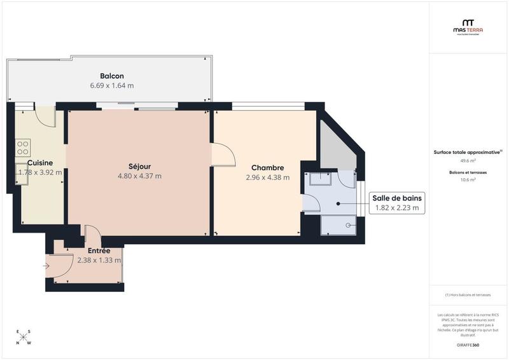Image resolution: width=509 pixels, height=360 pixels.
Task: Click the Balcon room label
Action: click(x=112, y=76)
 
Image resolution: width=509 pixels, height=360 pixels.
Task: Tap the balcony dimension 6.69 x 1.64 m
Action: click(x=112, y=85)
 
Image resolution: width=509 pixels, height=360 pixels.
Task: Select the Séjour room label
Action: click(x=139, y=167)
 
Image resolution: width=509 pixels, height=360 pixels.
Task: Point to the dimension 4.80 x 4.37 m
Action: click(x=139, y=176)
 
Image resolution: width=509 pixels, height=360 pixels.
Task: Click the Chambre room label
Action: click(x=267, y=168)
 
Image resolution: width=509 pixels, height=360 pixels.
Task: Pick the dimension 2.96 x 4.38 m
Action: click(x=267, y=177)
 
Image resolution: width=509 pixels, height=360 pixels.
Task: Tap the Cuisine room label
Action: click(x=39, y=163)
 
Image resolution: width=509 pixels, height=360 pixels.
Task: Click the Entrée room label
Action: click(x=99, y=251)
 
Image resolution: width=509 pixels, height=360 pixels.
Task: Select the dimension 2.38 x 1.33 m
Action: click(x=99, y=260)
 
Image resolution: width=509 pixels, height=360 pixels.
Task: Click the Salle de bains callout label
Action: click(x=397, y=198)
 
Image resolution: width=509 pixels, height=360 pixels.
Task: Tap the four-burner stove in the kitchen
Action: click(x=23, y=148)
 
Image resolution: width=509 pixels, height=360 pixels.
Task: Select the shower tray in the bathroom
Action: click(x=338, y=225)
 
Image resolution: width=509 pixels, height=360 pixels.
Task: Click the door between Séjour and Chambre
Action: click(x=223, y=155)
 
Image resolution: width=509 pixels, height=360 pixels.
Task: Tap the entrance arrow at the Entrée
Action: click(x=47, y=266)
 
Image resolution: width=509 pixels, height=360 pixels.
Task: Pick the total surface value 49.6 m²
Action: click(x=468, y=161)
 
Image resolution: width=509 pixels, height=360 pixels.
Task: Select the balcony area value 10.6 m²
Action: click(x=468, y=180)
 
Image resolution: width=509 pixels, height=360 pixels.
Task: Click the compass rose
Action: click(x=24, y=337)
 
